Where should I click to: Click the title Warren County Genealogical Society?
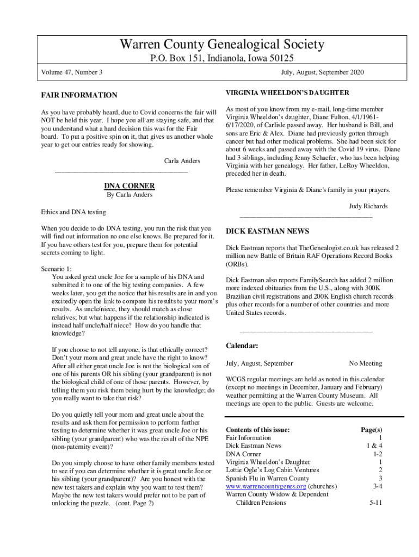[x=222, y=45]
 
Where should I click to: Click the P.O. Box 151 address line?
[x=222, y=59]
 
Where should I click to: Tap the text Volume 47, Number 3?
[x=72, y=72]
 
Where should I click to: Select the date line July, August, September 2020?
[x=323, y=72]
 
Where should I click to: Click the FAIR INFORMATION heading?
[x=79, y=95]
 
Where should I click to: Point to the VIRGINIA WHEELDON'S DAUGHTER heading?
[x=287, y=93]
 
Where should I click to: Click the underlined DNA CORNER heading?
[x=129, y=185]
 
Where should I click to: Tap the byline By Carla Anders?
[x=130, y=195]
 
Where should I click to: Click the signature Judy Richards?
[x=368, y=206]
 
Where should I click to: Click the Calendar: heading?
[x=242, y=346]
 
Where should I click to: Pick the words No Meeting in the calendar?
[x=365, y=363]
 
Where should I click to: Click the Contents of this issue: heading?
[x=257, y=430]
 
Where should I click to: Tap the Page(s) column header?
[x=371, y=430]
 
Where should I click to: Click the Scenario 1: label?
[x=56, y=269]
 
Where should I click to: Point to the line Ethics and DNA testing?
[x=73, y=212]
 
